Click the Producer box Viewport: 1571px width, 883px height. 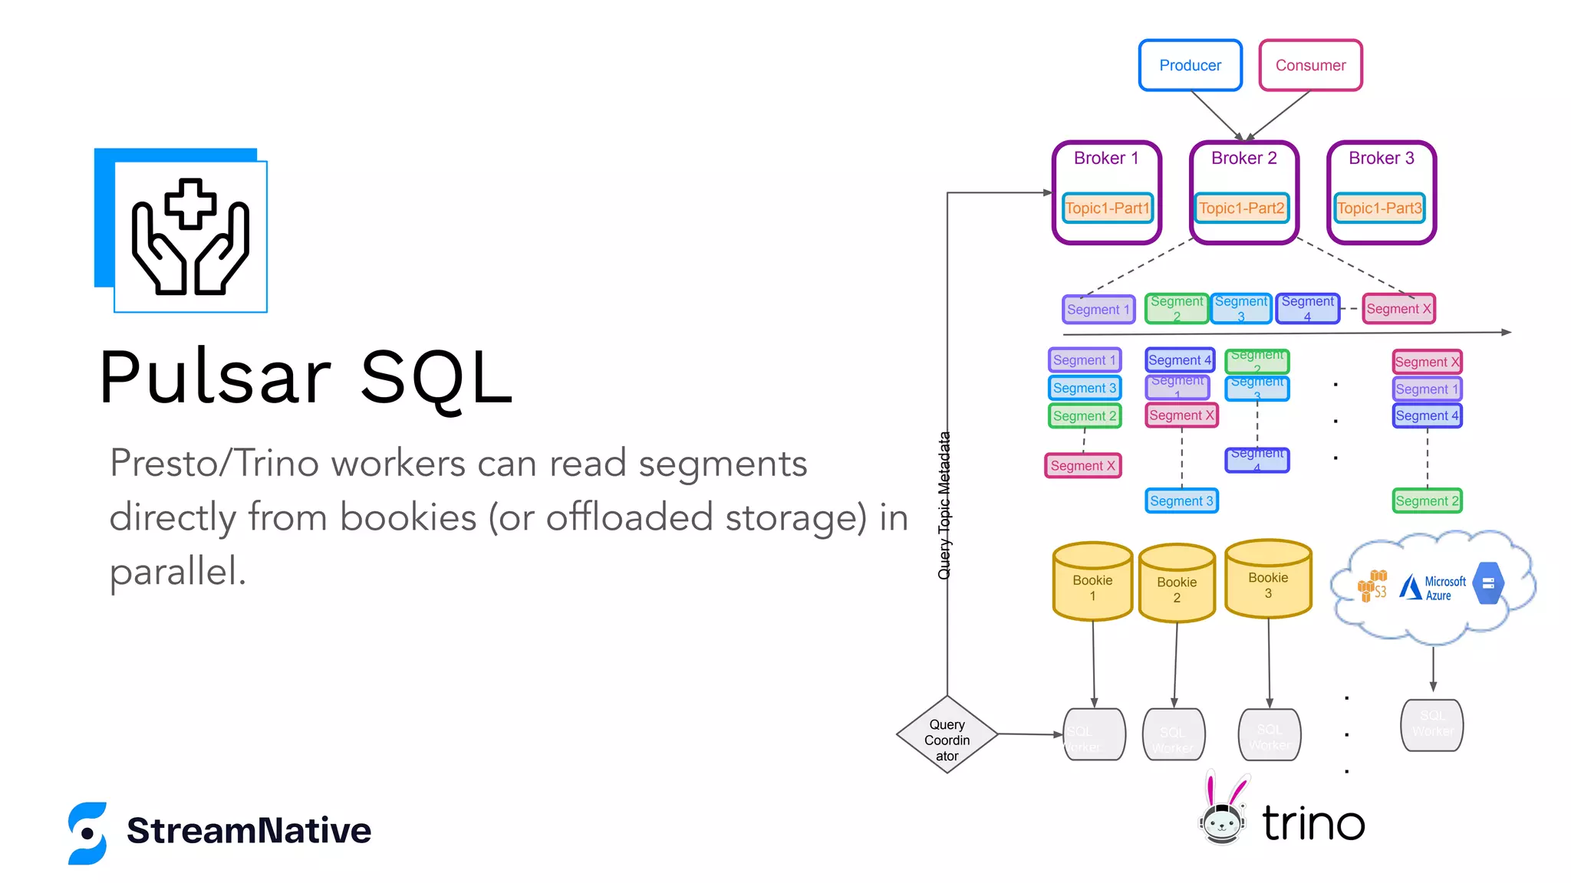pyautogui.click(x=1190, y=66)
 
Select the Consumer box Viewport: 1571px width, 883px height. pyautogui.click(x=1310, y=66)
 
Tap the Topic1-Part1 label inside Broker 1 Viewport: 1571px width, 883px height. pyautogui.click(x=1107, y=208)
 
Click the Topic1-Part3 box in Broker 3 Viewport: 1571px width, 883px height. pyautogui.click(x=1379, y=208)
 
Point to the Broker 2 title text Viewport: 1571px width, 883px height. pyautogui.click(x=1243, y=159)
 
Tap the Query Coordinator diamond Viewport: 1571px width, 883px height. pyautogui.click(x=947, y=736)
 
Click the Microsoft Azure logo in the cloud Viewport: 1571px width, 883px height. pyautogui.click(x=1432, y=588)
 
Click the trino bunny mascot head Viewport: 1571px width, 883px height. pyautogui.click(x=1221, y=820)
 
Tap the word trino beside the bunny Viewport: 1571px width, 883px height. pyautogui.click(x=1313, y=824)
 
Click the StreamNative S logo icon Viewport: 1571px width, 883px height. pyautogui.click(x=87, y=833)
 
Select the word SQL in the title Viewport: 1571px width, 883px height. pyautogui.click(x=436, y=378)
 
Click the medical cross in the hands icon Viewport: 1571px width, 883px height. pyautogui.click(x=190, y=204)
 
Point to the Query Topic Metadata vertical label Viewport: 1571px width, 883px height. pyautogui.click(x=944, y=506)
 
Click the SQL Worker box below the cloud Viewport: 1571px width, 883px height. pyautogui.click(x=1431, y=724)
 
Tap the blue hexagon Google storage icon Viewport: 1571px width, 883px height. pyautogui.click(x=1488, y=584)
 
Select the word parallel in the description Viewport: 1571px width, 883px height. pyautogui.click(x=177, y=572)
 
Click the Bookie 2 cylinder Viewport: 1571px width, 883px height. pyautogui.click(x=1177, y=586)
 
